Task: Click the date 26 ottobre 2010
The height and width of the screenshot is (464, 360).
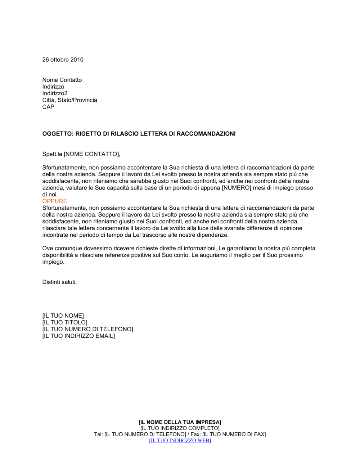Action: coord(63,60)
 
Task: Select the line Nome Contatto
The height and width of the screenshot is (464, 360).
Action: coord(62,80)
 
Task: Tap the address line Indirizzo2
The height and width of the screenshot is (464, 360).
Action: coord(55,94)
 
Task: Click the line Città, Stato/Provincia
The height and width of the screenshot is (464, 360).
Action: coord(69,100)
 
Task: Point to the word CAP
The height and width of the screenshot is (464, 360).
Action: coord(48,107)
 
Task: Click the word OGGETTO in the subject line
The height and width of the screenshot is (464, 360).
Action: coord(57,134)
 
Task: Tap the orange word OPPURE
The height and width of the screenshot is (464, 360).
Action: coord(55,201)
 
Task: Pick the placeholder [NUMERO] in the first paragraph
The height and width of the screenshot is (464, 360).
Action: coord(236,188)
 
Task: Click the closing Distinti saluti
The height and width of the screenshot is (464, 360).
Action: coord(59,282)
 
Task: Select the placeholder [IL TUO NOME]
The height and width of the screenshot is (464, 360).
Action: coord(63,316)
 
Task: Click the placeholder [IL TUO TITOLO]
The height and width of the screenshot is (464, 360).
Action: coord(65,323)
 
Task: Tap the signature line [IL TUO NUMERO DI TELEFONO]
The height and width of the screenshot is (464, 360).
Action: coord(87,329)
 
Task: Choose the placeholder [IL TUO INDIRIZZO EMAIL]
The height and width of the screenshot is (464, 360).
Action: coord(78,336)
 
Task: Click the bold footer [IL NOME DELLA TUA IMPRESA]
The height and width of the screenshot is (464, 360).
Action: coord(180,422)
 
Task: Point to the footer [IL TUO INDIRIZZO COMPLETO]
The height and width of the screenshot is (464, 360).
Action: coord(180,428)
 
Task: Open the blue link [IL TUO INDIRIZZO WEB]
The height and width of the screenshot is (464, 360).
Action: coord(180,441)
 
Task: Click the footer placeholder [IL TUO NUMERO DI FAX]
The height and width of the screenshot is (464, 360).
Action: coord(234,435)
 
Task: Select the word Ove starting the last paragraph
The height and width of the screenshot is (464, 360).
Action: coord(48,249)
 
